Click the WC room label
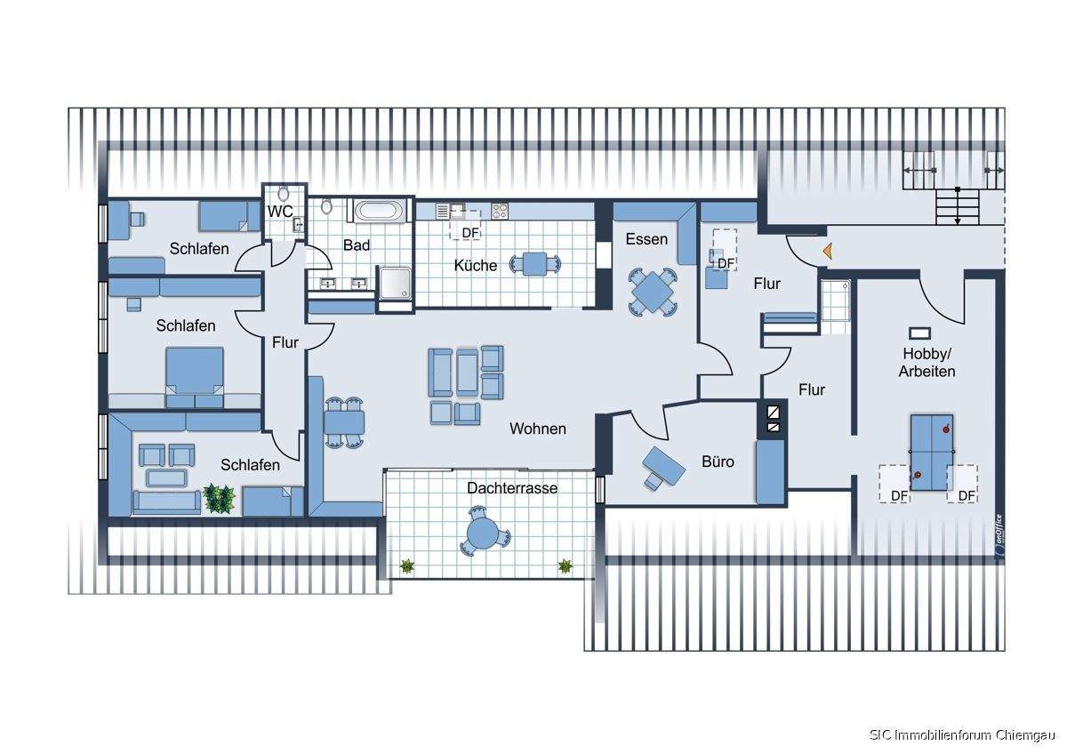[x=281, y=211]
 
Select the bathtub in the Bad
[x=379, y=212]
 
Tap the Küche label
[x=476, y=265]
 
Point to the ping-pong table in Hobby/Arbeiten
[x=931, y=452]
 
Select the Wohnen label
[x=537, y=429]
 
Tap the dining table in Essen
[x=652, y=291]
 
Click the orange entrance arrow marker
[x=826, y=252]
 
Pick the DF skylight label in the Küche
[x=471, y=233]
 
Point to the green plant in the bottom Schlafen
[x=219, y=498]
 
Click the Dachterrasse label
[x=512, y=488]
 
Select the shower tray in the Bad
[x=395, y=285]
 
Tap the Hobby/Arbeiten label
[x=926, y=362]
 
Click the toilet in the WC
[x=283, y=194]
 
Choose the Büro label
[x=718, y=461]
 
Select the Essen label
[x=646, y=239]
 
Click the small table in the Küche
[x=534, y=264]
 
